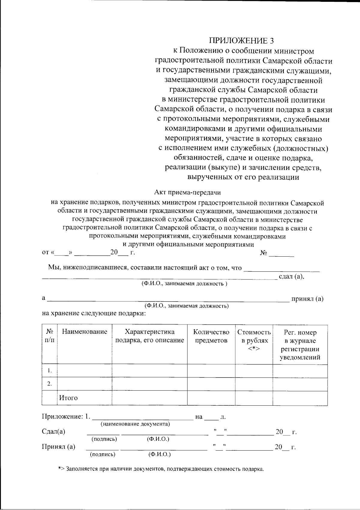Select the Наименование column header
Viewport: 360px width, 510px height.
coord(84,332)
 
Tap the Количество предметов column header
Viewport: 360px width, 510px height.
coord(211,336)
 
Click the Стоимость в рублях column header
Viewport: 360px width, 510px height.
coord(254,340)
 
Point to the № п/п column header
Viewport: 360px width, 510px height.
coord(49,336)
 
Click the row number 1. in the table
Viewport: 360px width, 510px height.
coord(49,371)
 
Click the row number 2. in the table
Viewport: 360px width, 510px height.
coord(49,384)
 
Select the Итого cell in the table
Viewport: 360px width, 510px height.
coord(68,398)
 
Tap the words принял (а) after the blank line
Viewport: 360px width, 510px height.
coord(307,299)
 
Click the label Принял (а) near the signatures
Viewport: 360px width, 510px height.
coord(58,447)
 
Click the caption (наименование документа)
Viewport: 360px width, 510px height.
coord(135,424)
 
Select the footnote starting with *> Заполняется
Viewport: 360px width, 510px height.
coord(161,469)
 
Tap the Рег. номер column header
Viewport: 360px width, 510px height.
coord(300,345)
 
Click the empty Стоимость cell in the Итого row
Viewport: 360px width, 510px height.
coord(254,398)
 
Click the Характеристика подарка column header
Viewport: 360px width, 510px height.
coord(149,336)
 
